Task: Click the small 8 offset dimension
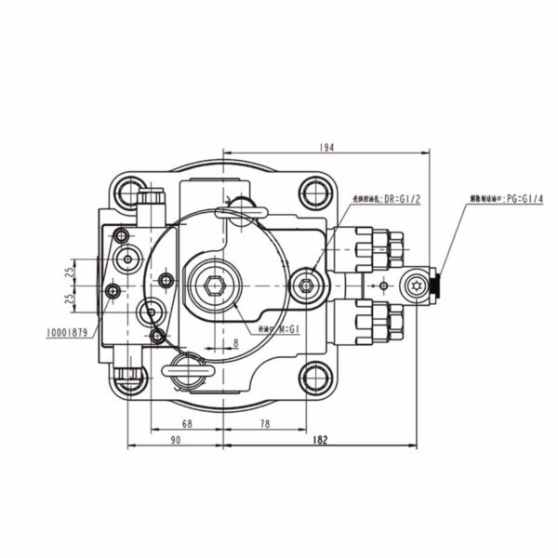click(236, 342)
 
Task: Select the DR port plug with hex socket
click(307, 285)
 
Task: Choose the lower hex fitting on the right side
click(384, 322)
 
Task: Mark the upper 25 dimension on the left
click(70, 272)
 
